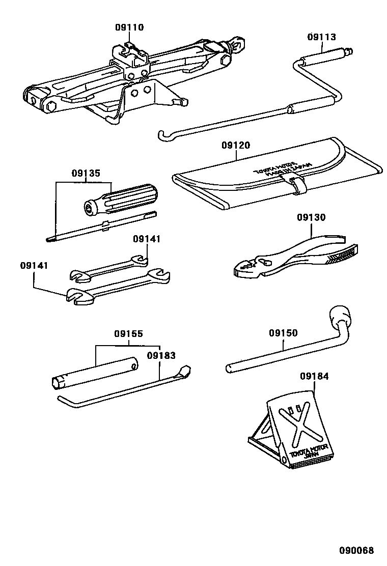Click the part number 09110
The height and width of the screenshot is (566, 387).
click(x=129, y=27)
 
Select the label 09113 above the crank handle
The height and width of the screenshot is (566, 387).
click(x=322, y=37)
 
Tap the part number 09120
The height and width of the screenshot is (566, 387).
click(x=236, y=145)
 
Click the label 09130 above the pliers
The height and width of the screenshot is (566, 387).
click(x=311, y=217)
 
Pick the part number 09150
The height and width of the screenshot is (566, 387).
click(x=283, y=333)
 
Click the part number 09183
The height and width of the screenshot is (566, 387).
click(x=161, y=356)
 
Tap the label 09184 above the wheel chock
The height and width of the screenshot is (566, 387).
click(x=314, y=377)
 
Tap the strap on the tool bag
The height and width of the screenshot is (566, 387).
click(x=298, y=185)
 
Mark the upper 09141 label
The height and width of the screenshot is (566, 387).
click(x=147, y=239)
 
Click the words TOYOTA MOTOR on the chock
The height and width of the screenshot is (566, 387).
click(x=311, y=450)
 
